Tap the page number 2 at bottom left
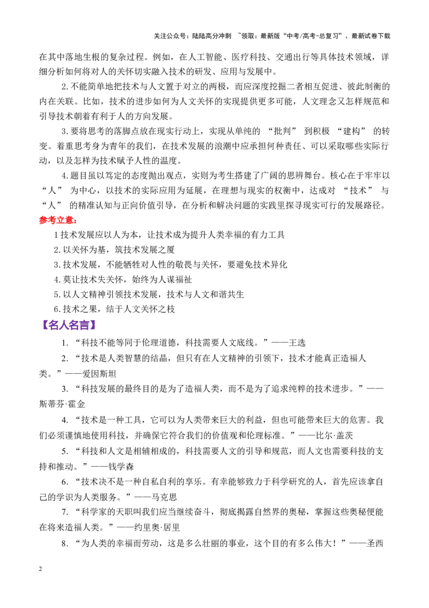(x=41, y=569)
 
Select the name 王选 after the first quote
(x=297, y=343)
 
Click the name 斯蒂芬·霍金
(x=62, y=404)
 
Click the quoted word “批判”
(x=282, y=131)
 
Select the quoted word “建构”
(x=352, y=131)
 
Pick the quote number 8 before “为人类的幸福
(x=65, y=543)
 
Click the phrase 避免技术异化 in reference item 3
(x=262, y=264)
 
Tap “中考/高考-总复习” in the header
(x=314, y=36)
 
